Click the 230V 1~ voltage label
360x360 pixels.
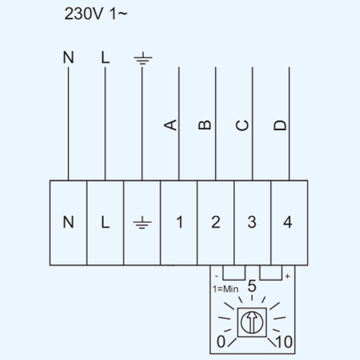point(96,14)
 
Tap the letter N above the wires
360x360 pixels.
point(68,58)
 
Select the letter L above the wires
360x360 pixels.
point(105,58)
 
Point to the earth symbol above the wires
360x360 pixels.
point(143,58)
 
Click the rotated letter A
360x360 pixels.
point(171,125)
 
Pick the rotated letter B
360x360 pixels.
point(204,125)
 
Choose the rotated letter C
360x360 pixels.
point(242,125)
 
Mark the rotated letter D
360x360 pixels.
point(280,125)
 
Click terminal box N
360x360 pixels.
point(68,222)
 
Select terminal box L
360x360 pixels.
point(105,222)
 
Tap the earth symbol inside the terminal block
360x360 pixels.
point(143,222)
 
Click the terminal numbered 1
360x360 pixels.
point(179,222)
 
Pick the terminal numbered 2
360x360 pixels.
point(216,222)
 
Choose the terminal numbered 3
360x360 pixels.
point(253,222)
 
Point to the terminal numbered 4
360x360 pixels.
point(289,222)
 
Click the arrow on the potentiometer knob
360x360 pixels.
point(252,322)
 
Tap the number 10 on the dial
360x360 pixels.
point(284,342)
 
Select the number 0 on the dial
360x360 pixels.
point(221,341)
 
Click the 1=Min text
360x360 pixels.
point(225,289)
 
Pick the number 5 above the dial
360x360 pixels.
point(252,286)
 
